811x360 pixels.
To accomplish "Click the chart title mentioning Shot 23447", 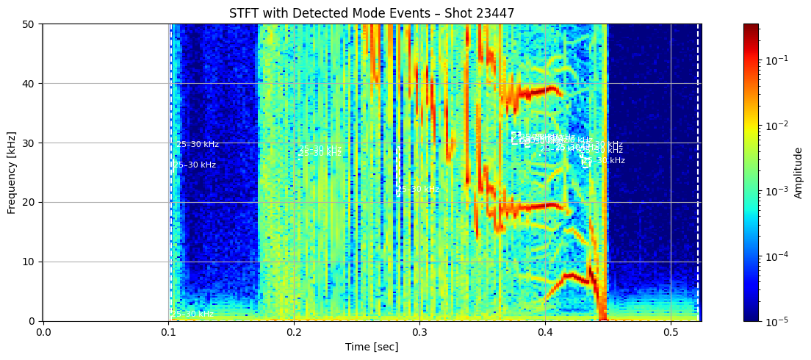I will [x=372, y=13].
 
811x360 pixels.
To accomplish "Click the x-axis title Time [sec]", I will [x=372, y=346].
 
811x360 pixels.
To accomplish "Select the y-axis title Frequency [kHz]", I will [x=12, y=172].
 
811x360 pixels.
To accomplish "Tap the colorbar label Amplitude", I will [x=799, y=172].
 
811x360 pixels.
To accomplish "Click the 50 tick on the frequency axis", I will [x=31, y=24].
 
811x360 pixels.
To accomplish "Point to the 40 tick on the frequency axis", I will [x=31, y=83].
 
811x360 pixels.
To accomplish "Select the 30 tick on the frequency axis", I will [x=31, y=143].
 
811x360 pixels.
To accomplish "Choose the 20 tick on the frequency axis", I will [x=31, y=202].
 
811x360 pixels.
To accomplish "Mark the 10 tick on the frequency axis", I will [x=31, y=262].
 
